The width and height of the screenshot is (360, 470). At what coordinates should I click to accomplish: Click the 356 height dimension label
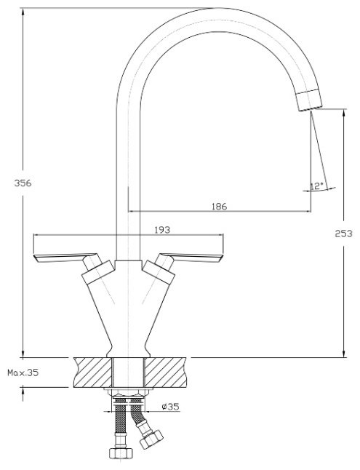pyautogui.click(x=23, y=183)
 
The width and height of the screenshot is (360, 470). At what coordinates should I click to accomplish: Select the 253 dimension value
pyautogui.click(x=343, y=234)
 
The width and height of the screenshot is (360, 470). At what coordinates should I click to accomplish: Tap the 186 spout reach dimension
pyautogui.click(x=220, y=206)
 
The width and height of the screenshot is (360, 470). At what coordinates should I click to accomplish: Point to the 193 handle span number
pyautogui.click(x=162, y=230)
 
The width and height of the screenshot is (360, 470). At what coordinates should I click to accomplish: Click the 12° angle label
pyautogui.click(x=317, y=186)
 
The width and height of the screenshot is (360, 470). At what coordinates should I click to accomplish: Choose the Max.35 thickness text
pyautogui.click(x=23, y=373)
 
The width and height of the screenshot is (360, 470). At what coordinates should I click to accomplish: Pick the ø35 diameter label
pyautogui.click(x=170, y=407)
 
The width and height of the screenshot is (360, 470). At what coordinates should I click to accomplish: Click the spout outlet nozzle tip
pyautogui.click(x=309, y=100)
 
